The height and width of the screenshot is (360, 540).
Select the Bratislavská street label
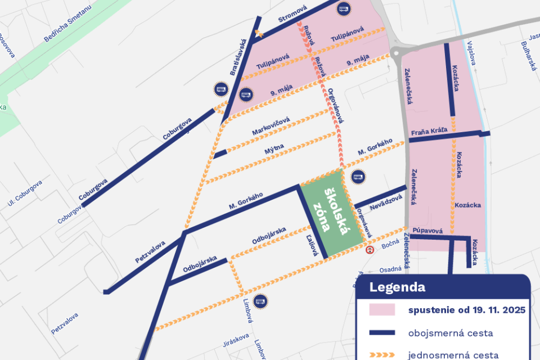(x=238, y=57)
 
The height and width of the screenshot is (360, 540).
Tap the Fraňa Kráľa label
(x=429, y=131)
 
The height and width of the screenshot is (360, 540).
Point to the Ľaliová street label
(x=311, y=245)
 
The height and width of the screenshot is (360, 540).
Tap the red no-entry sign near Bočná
(x=370, y=250)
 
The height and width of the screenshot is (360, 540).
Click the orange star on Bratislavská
(x=259, y=34)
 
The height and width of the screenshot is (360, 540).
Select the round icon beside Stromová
(x=343, y=8)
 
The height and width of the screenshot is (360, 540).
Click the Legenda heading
(x=397, y=287)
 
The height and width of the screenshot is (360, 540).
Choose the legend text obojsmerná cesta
(x=451, y=333)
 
